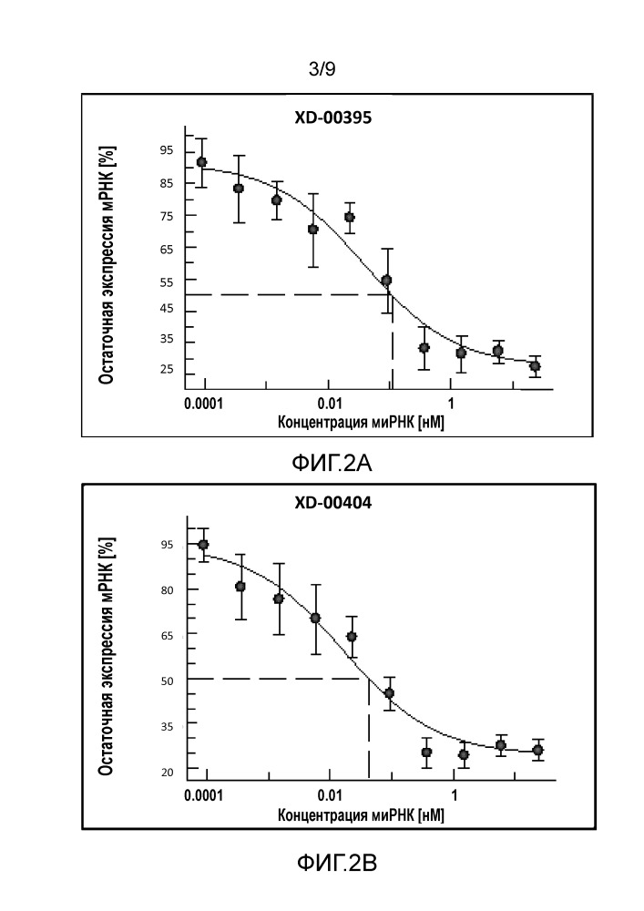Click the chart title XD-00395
click(332, 118)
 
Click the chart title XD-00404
click(332, 502)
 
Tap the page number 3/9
click(322, 67)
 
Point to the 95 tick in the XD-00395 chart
click(167, 150)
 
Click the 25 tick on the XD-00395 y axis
click(167, 369)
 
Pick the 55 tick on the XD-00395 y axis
click(167, 280)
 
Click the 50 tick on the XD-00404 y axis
click(167, 680)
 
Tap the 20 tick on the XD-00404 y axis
click(167, 773)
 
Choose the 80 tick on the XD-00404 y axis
click(167, 589)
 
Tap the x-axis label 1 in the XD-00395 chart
click(450, 404)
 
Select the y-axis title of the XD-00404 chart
click(107, 657)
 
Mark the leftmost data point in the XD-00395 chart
click(201, 162)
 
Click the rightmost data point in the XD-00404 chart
click(537, 750)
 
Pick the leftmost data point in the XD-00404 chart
click(203, 545)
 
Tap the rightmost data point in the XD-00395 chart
click(535, 366)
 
